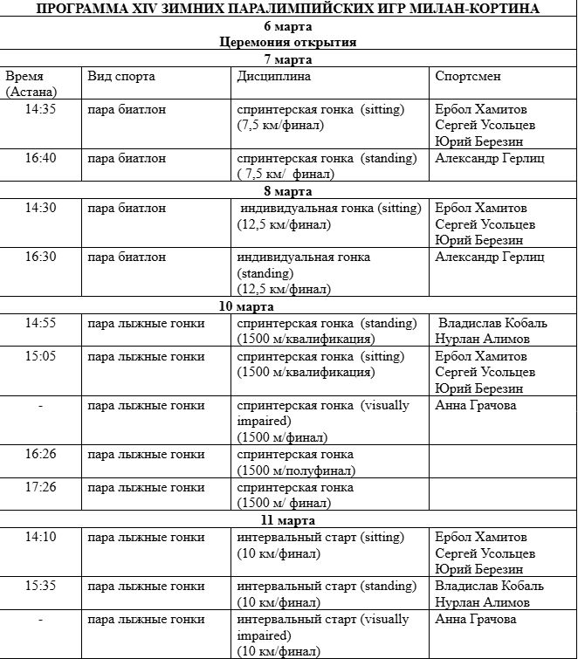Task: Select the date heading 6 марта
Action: pos(288,25)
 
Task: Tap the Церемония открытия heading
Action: pos(288,42)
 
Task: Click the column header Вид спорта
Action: pos(121,76)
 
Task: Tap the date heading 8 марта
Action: pos(288,191)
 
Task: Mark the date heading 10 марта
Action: pos(288,306)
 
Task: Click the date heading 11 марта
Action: pos(288,520)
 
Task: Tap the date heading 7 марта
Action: pos(288,59)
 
